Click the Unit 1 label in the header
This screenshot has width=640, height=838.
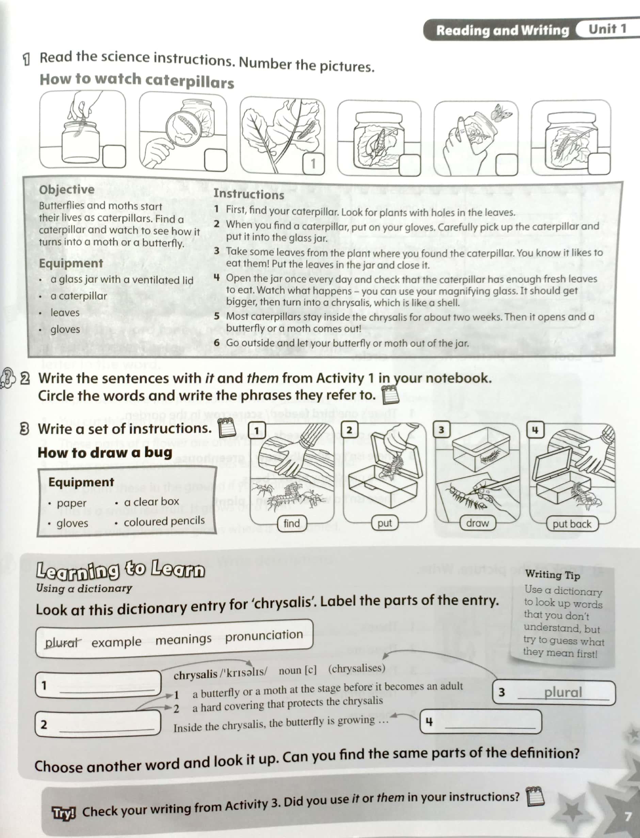click(607, 29)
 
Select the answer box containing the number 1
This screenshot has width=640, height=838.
click(313, 164)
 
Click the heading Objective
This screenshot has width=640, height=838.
click(67, 189)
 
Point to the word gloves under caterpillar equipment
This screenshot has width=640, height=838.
click(65, 329)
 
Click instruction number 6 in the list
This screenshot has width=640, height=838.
click(217, 342)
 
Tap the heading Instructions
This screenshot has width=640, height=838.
click(249, 194)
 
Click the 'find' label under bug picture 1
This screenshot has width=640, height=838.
click(291, 524)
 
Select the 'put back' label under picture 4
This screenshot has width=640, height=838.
click(572, 524)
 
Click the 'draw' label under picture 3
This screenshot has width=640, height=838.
click(477, 523)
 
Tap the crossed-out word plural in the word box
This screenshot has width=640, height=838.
click(62, 643)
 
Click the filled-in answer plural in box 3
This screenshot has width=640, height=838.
click(563, 692)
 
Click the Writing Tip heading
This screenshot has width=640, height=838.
click(552, 575)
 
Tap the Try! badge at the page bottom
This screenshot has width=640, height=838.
click(64, 813)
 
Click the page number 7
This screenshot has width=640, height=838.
click(627, 817)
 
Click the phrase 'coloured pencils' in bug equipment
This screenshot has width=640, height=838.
click(164, 521)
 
